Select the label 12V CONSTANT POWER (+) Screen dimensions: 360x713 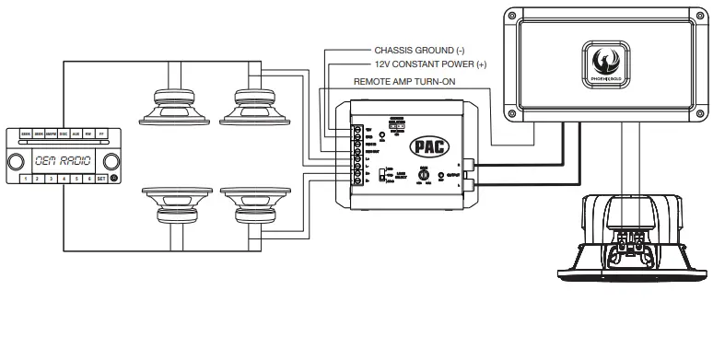[429, 65]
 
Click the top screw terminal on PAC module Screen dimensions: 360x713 [356, 130]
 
